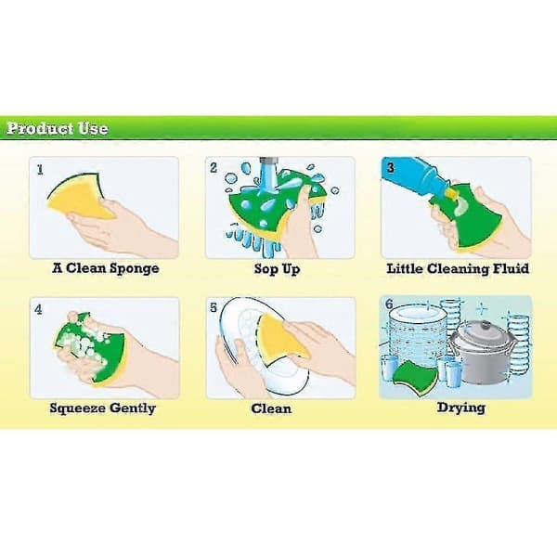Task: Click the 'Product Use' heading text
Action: [x=58, y=128]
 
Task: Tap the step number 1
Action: [x=40, y=170]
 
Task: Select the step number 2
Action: [x=214, y=168]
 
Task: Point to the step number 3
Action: [x=391, y=167]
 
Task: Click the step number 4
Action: [x=38, y=309]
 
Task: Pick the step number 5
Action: [x=214, y=307]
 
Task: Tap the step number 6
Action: [x=389, y=304]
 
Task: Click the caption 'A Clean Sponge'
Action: [x=106, y=268]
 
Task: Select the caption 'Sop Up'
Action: [x=277, y=269]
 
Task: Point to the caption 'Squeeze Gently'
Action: [x=103, y=408]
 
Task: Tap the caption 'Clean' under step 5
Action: [x=271, y=408]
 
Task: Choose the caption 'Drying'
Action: [x=461, y=408]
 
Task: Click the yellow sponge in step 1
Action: [x=80, y=197]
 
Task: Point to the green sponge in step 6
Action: [x=416, y=375]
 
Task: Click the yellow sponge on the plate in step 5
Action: [x=280, y=338]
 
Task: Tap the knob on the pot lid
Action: [x=486, y=325]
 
